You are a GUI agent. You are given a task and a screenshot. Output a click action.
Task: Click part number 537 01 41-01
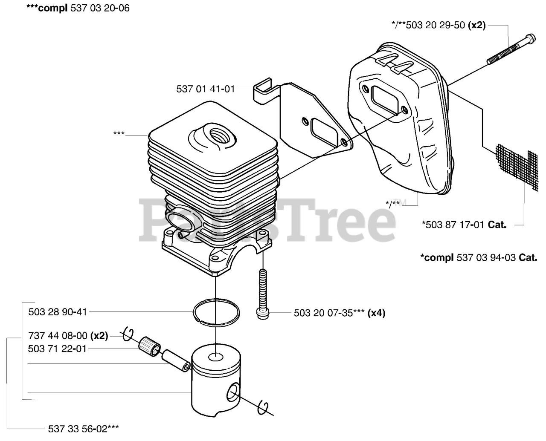(205, 89)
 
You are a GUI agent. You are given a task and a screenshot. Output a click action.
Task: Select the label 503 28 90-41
(58, 312)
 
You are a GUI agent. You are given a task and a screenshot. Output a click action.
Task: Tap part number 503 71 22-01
(58, 349)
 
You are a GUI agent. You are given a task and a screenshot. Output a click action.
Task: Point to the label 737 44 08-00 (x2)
(68, 336)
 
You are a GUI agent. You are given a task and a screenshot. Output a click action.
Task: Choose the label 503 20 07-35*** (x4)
(340, 313)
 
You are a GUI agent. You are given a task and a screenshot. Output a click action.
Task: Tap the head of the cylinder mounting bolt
(261, 313)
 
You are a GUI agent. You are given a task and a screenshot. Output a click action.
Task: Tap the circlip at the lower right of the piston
(264, 407)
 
